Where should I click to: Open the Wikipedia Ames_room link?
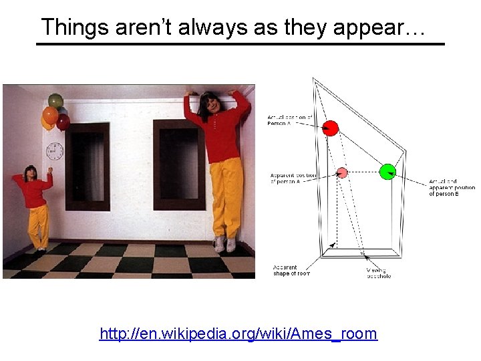(238, 333)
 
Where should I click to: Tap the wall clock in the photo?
(54, 151)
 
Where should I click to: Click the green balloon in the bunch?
(56, 101)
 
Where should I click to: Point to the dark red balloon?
(63, 122)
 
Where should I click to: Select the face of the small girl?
(31, 173)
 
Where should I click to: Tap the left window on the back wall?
(88, 165)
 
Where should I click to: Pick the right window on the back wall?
(179, 164)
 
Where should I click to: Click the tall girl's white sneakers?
(225, 244)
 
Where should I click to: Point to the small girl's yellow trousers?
(38, 225)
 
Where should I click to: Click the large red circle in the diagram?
(330, 128)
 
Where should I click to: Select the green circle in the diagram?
(387, 172)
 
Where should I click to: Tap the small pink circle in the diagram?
(342, 172)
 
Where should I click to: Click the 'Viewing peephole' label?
(378, 273)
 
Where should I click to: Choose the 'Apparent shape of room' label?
(291, 271)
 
